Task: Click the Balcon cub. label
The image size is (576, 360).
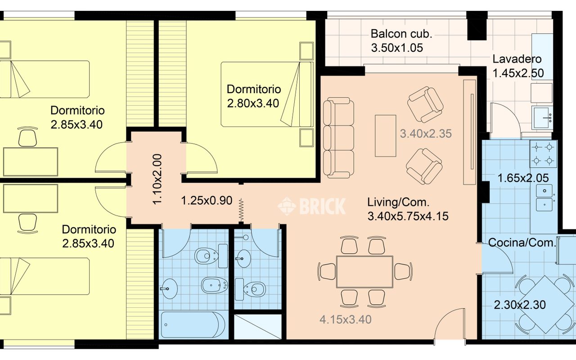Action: tap(401, 34)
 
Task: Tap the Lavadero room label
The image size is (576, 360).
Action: tap(517, 59)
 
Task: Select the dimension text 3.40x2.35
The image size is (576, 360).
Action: tap(426, 134)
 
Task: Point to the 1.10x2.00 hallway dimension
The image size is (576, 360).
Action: tap(157, 179)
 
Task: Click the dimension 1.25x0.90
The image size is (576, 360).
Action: tap(207, 201)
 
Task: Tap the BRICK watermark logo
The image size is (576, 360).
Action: tap(312, 206)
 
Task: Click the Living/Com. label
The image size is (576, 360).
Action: tap(398, 202)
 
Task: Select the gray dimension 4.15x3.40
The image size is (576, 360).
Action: tap(345, 319)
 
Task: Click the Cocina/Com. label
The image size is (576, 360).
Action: tap(522, 243)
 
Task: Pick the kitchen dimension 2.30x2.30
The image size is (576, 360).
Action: tap(520, 305)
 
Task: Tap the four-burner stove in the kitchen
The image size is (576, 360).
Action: tap(543, 154)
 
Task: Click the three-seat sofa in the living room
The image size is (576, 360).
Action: tap(338, 138)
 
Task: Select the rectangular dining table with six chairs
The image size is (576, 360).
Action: tap(364, 272)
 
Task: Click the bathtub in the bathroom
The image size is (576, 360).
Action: tap(193, 324)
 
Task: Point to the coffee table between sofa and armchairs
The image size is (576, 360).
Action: tap(385, 136)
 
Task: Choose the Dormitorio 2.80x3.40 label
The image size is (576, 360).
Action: tap(253, 96)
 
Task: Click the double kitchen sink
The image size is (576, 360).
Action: tap(544, 198)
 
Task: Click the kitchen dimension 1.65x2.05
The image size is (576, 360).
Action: tap(523, 178)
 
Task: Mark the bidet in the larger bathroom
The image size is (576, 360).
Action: tap(215, 285)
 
